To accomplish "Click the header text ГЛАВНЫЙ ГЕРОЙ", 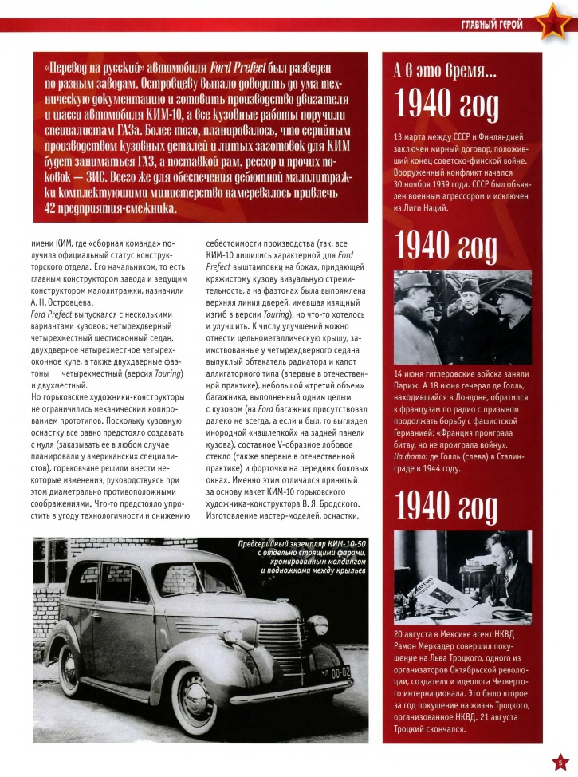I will pos(492,24).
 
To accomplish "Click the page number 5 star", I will pos(560,760).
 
